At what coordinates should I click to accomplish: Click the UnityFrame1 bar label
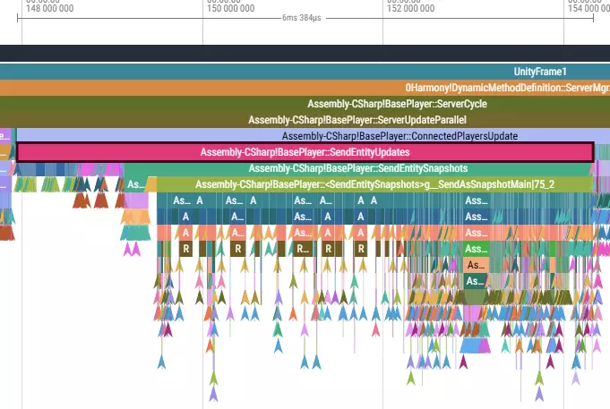(x=540, y=72)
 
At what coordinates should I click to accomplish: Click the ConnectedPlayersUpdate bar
(x=400, y=136)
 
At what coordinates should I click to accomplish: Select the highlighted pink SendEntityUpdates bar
(x=305, y=152)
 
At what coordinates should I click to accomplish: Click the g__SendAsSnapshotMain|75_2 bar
(x=374, y=184)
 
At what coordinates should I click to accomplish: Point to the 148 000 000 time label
(x=51, y=7)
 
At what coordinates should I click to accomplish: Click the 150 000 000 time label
(x=230, y=7)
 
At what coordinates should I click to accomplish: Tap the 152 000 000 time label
(x=411, y=7)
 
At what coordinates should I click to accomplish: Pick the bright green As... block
(x=475, y=249)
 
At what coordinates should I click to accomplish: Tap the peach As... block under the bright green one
(x=475, y=265)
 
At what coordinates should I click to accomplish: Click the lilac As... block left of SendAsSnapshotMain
(x=135, y=184)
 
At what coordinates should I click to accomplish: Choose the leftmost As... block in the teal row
(x=182, y=200)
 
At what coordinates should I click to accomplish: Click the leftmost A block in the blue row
(x=185, y=217)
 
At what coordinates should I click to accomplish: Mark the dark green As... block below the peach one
(x=475, y=281)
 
